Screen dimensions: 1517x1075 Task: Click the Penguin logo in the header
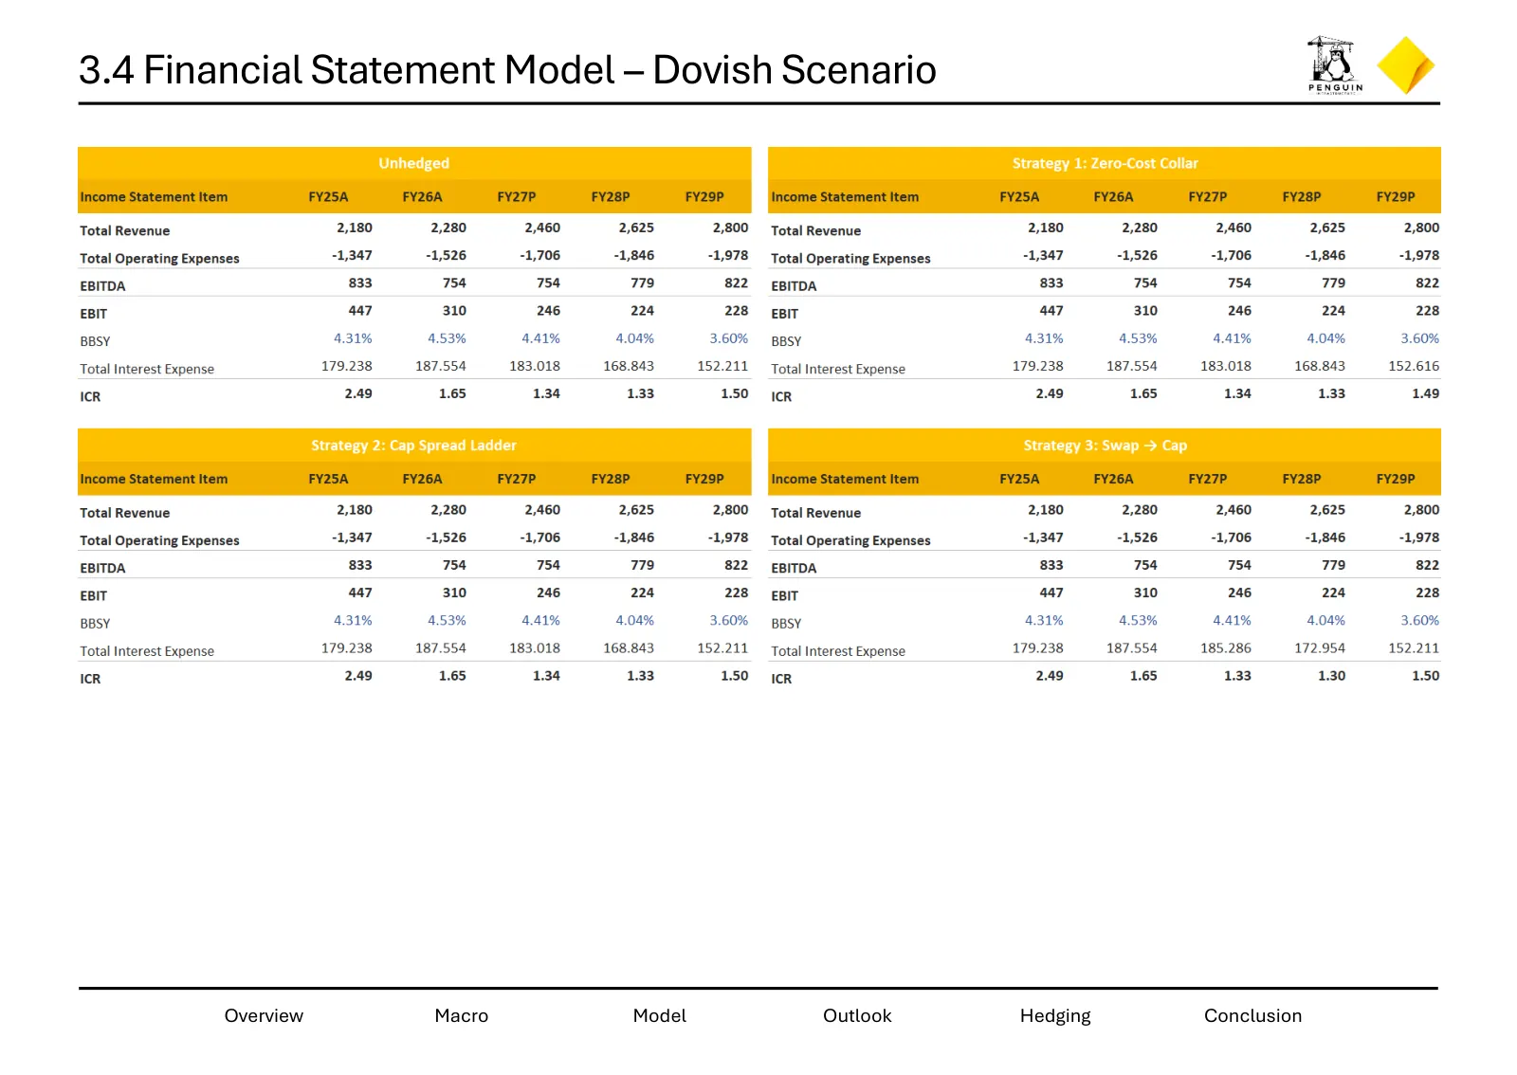1335,65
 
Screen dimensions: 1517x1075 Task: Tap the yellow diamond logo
1406,65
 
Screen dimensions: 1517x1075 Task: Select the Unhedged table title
413,163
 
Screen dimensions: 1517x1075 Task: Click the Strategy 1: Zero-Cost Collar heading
1105,163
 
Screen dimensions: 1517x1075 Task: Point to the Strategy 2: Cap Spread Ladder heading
413,446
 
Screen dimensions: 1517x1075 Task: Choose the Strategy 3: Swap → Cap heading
1105,446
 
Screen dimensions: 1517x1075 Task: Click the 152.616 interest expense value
1414,366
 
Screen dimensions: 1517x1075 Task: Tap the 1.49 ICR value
1426,394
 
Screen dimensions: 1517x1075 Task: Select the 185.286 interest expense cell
1226,648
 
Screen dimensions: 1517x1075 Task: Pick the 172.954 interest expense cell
1320,648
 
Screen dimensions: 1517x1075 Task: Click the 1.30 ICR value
1331,676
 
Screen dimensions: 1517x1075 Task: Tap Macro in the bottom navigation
461,1015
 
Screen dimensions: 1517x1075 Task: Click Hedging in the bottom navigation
1055,1016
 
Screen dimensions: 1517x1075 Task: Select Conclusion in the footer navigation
1252,1015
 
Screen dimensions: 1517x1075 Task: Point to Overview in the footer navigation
264,1015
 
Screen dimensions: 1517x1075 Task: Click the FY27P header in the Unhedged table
517,197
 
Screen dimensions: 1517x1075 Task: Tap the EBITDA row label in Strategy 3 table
794,568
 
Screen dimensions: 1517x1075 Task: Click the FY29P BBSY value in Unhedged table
729,338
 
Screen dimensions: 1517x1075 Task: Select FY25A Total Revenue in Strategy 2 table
355,510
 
